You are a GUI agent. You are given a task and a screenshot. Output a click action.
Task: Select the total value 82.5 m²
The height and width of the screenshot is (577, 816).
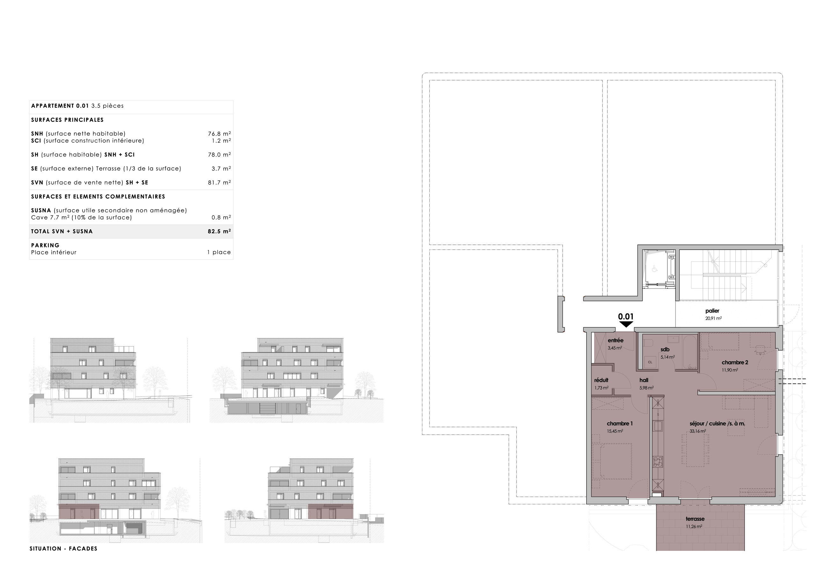219,231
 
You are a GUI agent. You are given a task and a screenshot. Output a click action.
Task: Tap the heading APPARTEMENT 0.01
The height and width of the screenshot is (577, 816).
60,106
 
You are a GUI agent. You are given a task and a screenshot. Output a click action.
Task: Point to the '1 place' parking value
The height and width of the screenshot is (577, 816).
219,252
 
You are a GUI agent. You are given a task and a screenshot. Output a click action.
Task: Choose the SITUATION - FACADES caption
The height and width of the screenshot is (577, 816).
63,549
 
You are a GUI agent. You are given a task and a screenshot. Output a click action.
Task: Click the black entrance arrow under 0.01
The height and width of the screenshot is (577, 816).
626,324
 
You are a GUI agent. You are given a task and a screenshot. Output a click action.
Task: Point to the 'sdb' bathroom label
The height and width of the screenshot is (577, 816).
665,350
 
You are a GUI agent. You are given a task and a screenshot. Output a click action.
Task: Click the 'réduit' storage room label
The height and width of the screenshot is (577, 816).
601,380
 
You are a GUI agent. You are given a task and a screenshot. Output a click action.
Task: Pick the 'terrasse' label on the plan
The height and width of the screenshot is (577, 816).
695,519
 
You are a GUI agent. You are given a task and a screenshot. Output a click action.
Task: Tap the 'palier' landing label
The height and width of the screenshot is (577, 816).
712,311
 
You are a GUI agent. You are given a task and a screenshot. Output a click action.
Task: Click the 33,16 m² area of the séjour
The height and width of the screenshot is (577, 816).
698,431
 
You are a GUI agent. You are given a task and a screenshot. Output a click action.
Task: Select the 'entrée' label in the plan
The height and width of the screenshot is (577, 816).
616,340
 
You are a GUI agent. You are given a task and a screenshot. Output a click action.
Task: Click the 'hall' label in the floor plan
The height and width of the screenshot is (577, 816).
644,380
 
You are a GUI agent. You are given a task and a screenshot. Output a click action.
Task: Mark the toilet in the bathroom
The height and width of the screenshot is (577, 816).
647,343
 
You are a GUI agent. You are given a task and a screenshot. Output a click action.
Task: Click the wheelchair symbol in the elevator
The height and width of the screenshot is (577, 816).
655,269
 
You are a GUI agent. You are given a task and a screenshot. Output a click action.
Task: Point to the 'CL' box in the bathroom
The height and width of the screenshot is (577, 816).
650,362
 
